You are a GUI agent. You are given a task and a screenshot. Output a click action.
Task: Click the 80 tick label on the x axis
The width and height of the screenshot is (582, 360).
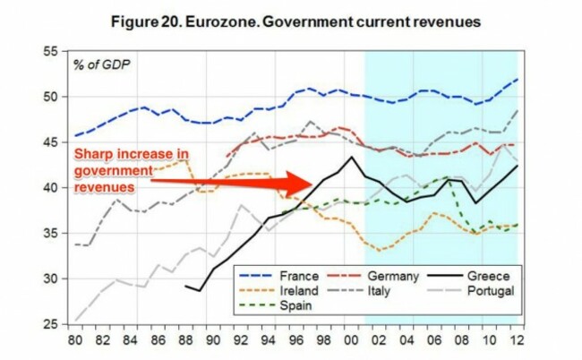[x=73, y=341]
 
